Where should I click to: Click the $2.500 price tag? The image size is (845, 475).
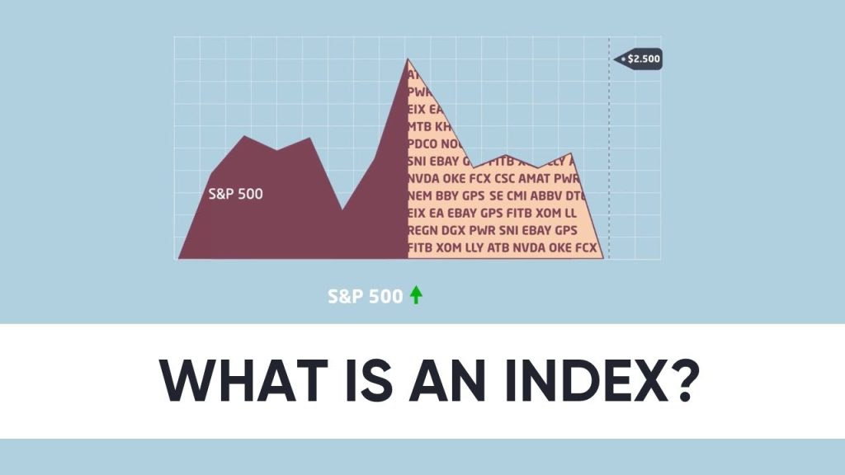coord(639,59)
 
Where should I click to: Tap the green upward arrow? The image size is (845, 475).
coord(416,295)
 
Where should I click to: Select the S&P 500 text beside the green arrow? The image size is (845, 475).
coord(365,295)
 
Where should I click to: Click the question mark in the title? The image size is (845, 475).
coord(674,381)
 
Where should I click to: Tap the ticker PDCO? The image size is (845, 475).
coord(426,143)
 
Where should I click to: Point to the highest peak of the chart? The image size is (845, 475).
coord(407,59)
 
